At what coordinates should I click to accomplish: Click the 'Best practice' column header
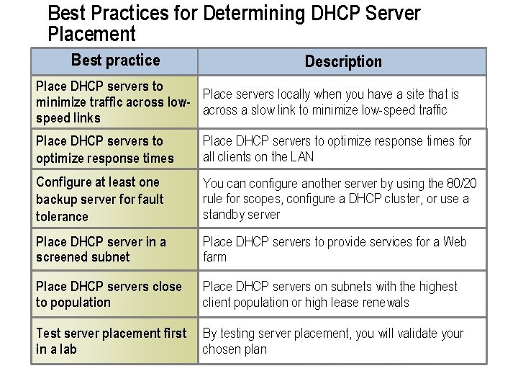[115, 61]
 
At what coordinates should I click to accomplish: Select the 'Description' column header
[343, 62]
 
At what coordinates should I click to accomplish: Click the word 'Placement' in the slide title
[91, 33]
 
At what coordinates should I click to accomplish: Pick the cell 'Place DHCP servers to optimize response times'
[105, 149]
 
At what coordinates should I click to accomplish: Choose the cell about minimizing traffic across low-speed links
[113, 102]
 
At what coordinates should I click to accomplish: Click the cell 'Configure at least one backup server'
[100, 199]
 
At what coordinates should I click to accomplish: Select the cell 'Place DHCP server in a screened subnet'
[101, 249]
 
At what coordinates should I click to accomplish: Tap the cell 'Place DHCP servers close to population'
[109, 294]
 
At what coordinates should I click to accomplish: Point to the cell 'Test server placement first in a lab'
[111, 341]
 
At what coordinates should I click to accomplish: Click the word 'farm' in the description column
[214, 257]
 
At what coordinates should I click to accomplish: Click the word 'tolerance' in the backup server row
[62, 216]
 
